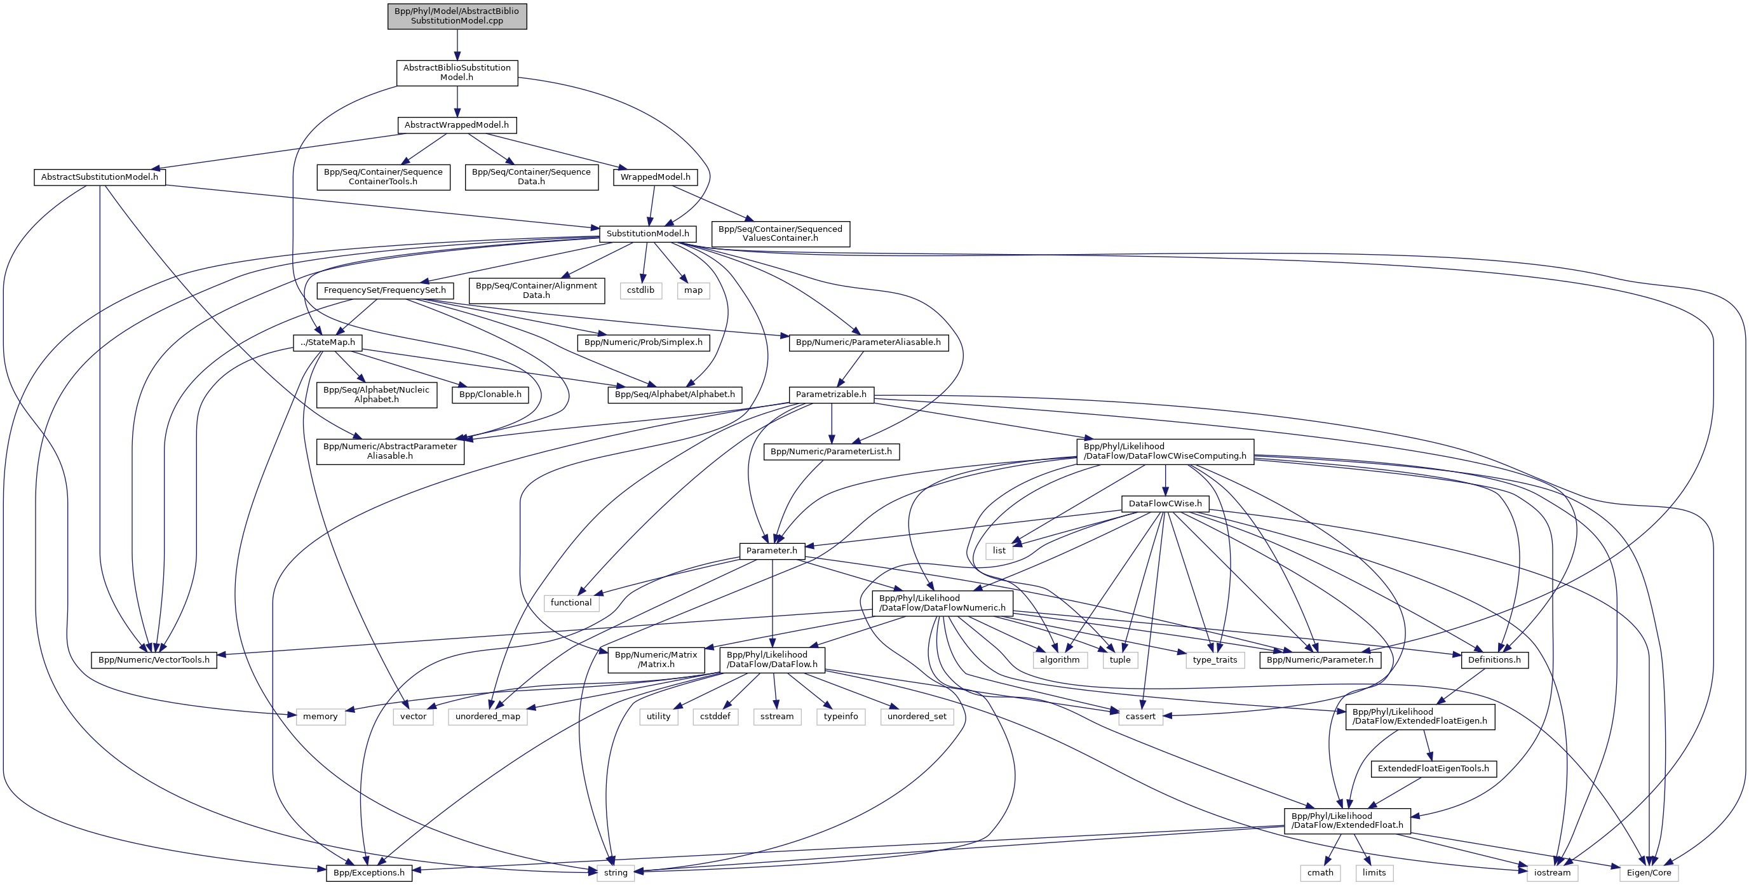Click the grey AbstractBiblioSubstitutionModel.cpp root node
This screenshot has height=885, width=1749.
point(457,16)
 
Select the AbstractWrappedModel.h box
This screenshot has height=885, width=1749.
point(456,125)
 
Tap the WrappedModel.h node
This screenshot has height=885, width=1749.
point(655,177)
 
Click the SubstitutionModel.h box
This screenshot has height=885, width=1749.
point(648,234)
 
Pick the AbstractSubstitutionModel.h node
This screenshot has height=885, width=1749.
point(100,177)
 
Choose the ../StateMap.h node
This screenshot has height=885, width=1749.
point(328,342)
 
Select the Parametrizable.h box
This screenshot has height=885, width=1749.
point(831,395)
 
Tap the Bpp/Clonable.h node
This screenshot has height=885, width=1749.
point(490,395)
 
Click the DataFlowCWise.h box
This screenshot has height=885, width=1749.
point(1165,504)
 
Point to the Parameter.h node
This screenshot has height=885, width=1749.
point(771,551)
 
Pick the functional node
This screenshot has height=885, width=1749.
point(571,603)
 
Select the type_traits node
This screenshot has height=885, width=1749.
point(1215,660)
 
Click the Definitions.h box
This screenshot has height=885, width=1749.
point(1494,660)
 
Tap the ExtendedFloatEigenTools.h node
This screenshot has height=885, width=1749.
point(1433,769)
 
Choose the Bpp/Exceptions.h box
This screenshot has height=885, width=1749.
point(369,873)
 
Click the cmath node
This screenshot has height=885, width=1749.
point(1321,873)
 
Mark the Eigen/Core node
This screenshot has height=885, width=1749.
point(1649,873)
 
